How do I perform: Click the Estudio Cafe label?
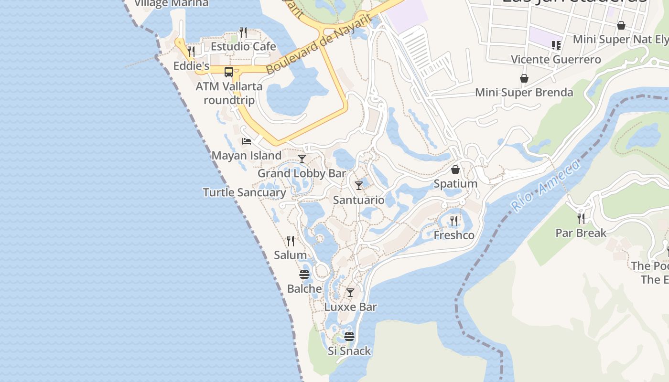(x=243, y=46)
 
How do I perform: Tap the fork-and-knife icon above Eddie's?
(x=191, y=51)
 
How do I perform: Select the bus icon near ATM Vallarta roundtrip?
(x=229, y=72)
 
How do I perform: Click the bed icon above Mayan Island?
(x=247, y=141)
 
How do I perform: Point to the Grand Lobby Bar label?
(x=302, y=173)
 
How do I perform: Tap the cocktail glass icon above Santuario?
(x=359, y=185)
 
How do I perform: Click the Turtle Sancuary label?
(x=244, y=192)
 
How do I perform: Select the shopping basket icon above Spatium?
(x=455, y=170)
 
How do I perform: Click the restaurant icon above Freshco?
(x=454, y=221)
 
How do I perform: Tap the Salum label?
(x=290, y=255)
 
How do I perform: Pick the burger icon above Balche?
(x=304, y=275)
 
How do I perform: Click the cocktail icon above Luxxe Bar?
(x=350, y=293)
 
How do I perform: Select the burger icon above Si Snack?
(x=349, y=337)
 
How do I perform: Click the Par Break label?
(x=581, y=233)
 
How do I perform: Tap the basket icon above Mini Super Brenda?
(x=524, y=78)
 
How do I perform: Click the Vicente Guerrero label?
(x=556, y=60)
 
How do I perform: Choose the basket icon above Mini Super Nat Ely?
(x=621, y=25)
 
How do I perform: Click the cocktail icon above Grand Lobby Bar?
(x=302, y=159)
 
